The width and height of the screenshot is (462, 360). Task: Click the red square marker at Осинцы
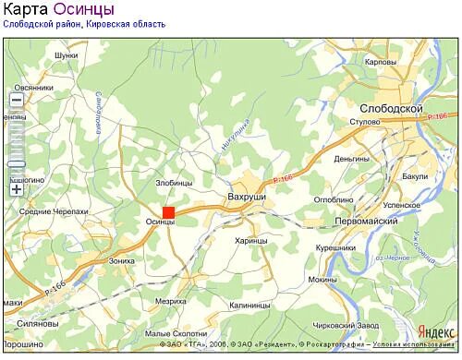point(168,211)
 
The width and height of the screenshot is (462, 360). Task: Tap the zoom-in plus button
point(17,189)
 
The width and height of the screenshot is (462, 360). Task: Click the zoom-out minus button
point(17,102)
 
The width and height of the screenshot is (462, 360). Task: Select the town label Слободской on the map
point(390,109)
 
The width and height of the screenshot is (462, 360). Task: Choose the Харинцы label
point(250,241)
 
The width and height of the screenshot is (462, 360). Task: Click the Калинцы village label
point(249,305)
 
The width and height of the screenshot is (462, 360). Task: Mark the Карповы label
point(381,62)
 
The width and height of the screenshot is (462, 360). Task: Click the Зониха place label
point(122,261)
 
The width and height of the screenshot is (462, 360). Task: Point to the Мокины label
point(322,279)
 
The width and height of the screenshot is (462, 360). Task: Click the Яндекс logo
point(436,330)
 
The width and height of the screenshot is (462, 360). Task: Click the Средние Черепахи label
point(54,211)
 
